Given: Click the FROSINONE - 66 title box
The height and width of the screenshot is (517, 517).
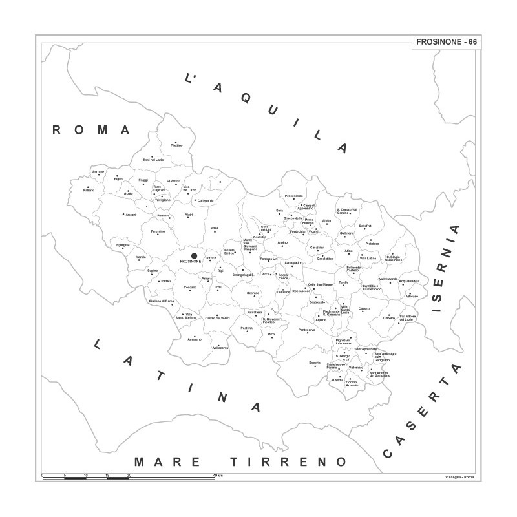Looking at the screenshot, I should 445,41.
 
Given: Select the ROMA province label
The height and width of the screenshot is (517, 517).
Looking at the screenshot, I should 91,130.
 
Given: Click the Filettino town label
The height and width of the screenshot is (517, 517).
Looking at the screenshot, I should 176,145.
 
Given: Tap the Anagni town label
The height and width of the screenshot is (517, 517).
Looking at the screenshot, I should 131,214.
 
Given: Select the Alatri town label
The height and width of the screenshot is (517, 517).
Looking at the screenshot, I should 189,215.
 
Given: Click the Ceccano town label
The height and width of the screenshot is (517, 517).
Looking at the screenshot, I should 190,287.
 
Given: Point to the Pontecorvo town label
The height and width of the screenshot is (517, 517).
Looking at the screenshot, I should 307,330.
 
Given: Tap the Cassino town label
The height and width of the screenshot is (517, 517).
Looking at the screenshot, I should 364,308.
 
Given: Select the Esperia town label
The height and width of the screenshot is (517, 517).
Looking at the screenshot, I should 315,362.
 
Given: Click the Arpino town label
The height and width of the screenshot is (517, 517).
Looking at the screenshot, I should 282,242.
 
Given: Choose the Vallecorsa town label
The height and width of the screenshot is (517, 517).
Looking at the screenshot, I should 220,348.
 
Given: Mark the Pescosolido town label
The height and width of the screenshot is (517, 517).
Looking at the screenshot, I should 294,196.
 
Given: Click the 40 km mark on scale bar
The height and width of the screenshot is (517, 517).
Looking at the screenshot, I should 215,475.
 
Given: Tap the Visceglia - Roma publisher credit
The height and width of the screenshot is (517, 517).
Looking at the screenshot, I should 459,476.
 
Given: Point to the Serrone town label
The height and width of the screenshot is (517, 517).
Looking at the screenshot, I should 98,171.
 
